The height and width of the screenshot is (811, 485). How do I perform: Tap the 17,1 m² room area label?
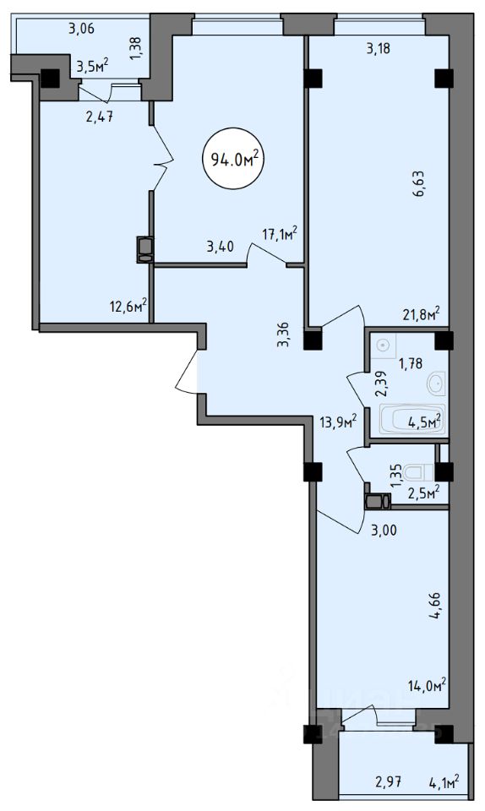click(280, 234)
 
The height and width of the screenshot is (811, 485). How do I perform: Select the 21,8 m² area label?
click(422, 313)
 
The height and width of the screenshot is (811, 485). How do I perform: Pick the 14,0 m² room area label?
click(427, 686)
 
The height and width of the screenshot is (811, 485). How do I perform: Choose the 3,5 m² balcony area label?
click(93, 66)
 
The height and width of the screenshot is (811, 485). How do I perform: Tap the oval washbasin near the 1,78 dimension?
click(436, 384)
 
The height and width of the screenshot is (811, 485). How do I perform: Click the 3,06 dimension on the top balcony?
click(82, 29)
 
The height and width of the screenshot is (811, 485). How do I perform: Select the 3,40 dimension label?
click(220, 246)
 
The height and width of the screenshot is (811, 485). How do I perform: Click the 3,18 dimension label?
click(378, 49)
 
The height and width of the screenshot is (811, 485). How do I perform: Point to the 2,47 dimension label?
click(99, 117)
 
